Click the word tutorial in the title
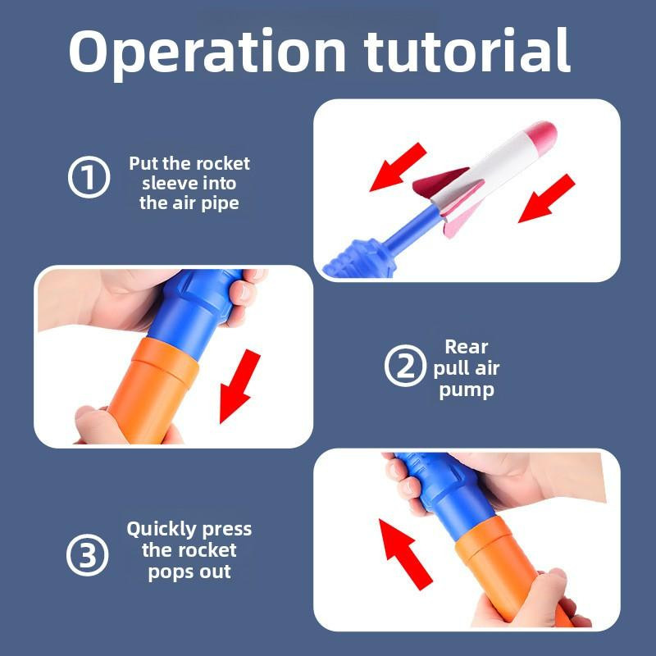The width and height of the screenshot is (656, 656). pyautogui.click(x=467, y=50)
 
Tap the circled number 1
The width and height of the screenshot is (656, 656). pyautogui.click(x=89, y=177)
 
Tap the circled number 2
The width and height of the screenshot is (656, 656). pyautogui.click(x=405, y=365)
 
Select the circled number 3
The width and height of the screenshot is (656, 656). pyautogui.click(x=87, y=555)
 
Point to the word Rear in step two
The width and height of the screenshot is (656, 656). pyautogui.click(x=466, y=347)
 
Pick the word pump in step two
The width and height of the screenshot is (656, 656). pyautogui.click(x=467, y=391)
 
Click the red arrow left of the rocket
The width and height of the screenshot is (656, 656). pyautogui.click(x=398, y=167)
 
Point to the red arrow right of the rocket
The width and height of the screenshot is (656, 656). pyautogui.click(x=546, y=198)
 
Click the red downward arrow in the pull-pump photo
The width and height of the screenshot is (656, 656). pyautogui.click(x=239, y=386)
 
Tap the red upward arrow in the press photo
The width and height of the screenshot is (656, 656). pyautogui.click(x=405, y=554)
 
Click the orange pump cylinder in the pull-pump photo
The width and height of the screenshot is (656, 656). pyautogui.click(x=152, y=391)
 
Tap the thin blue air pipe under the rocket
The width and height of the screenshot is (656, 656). pyautogui.click(x=411, y=229)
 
